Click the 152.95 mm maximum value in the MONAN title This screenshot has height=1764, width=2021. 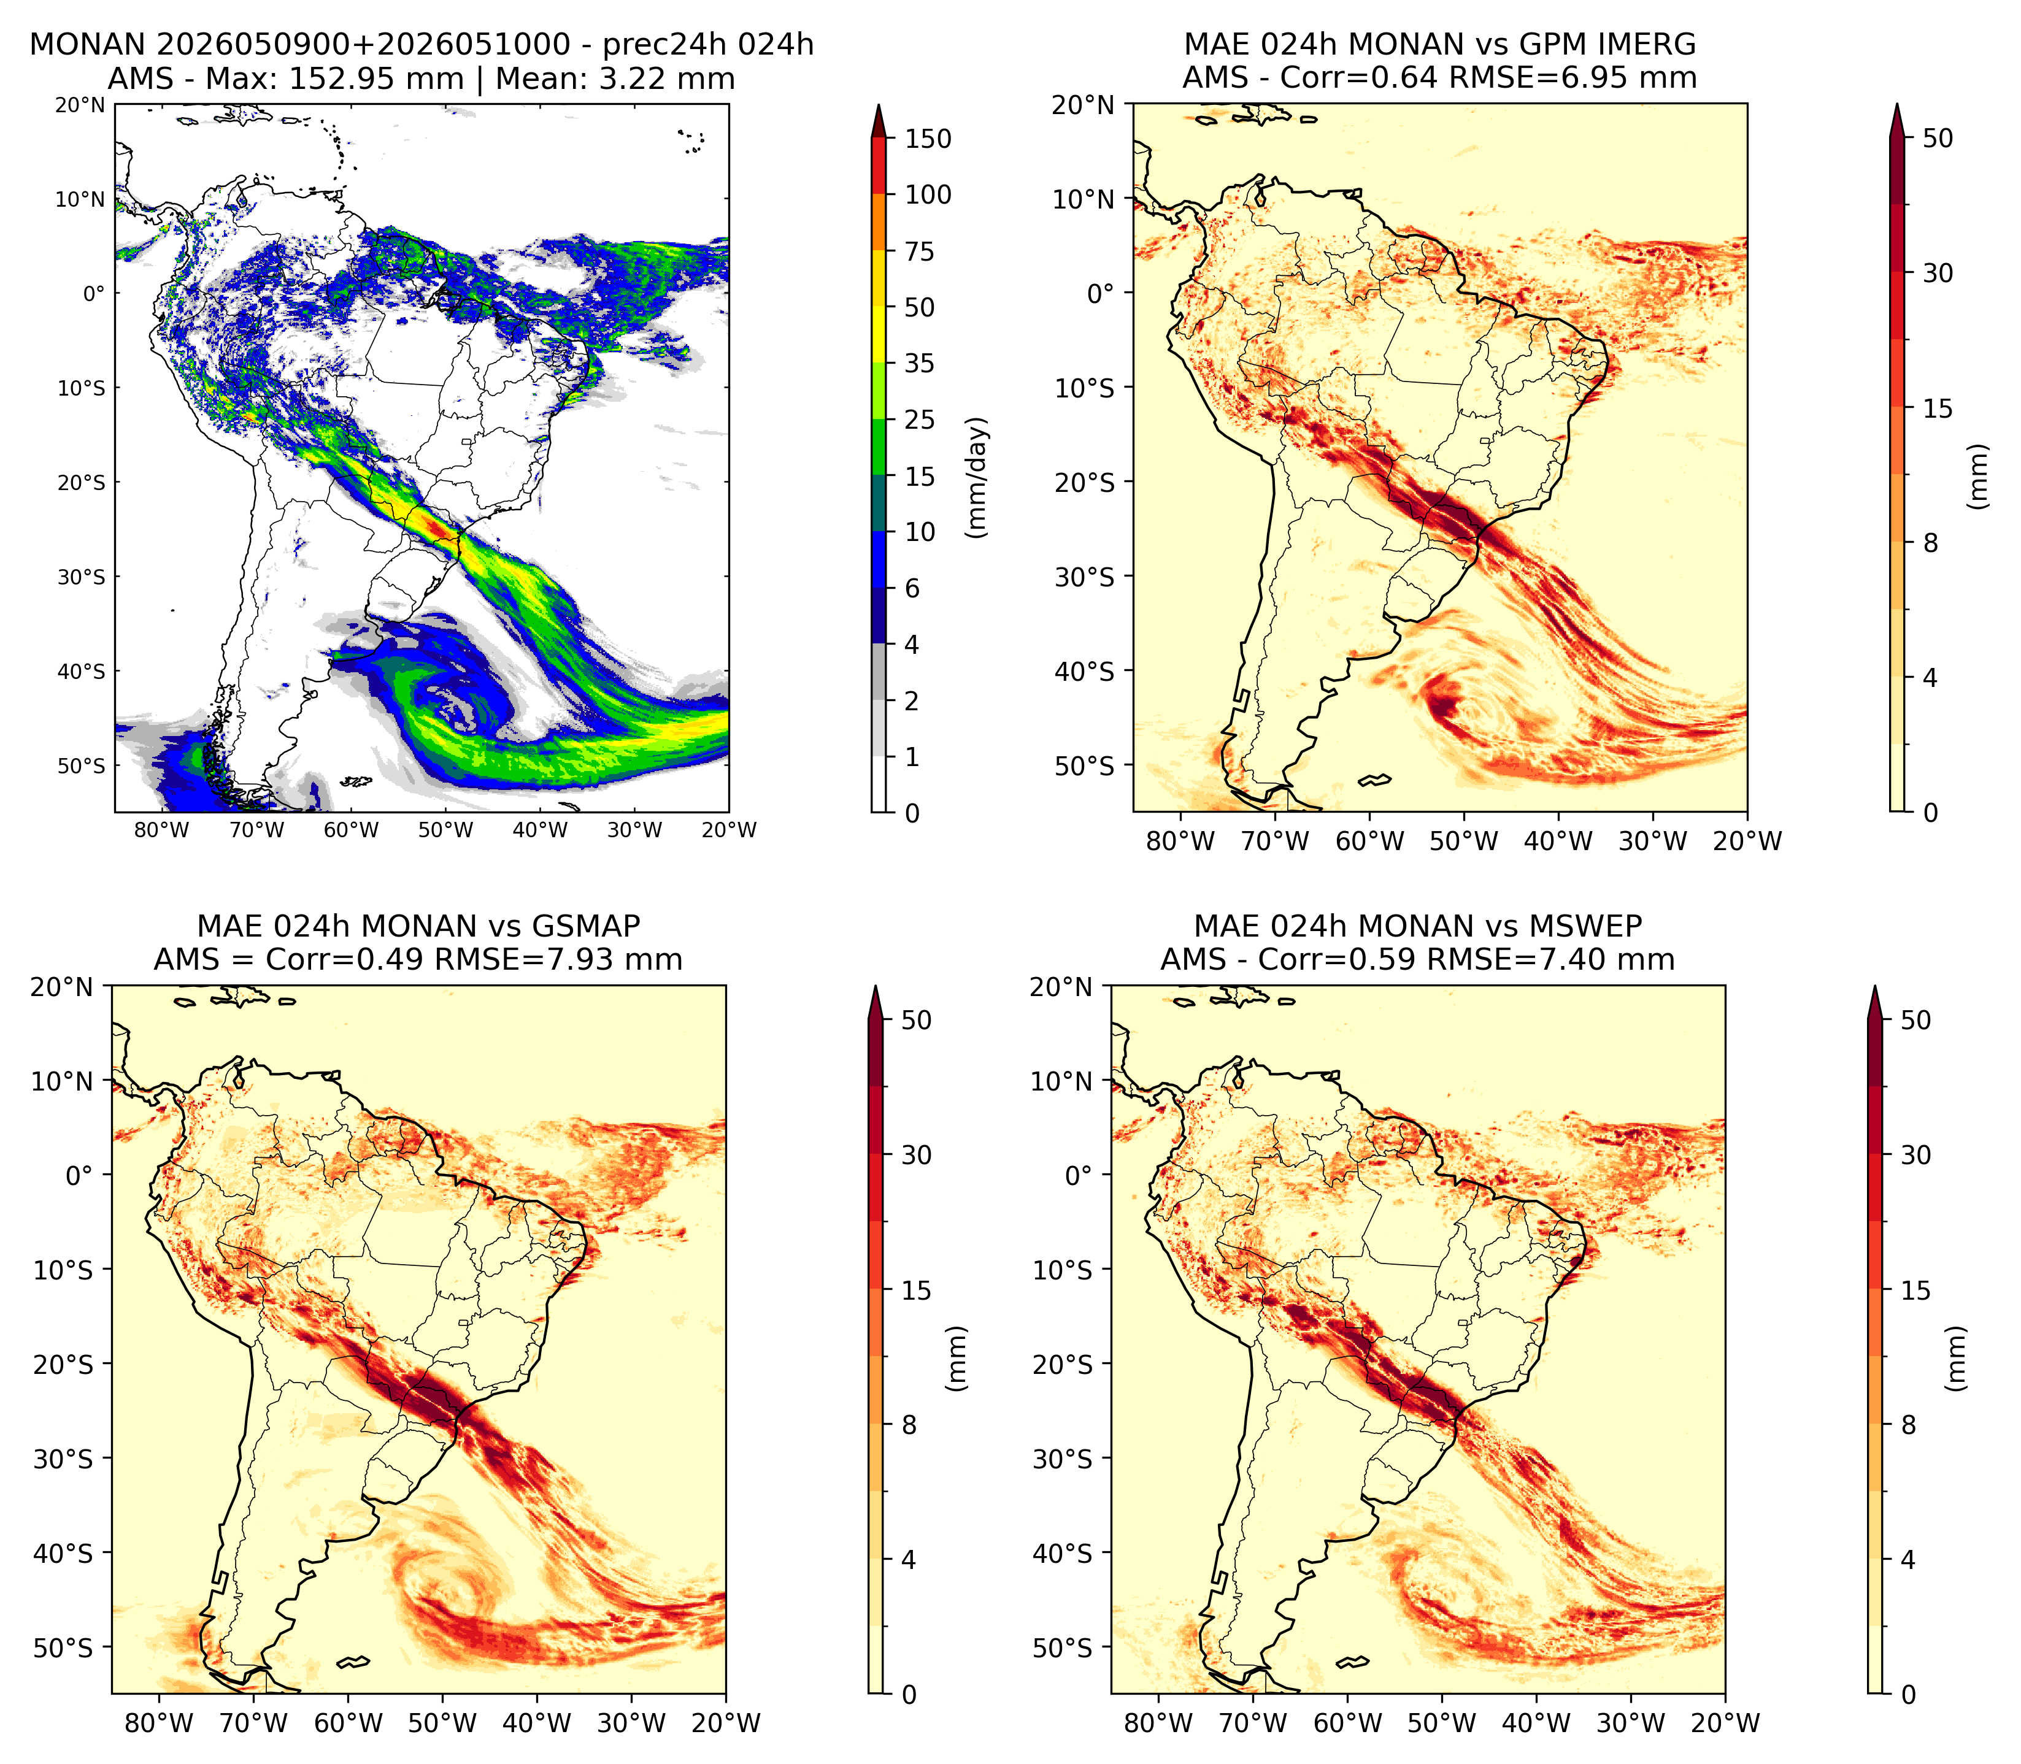[x=375, y=79]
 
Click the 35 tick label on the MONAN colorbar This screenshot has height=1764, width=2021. [x=920, y=363]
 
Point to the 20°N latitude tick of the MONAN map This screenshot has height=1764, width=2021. [x=80, y=104]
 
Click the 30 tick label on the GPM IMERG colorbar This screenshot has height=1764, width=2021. [x=1938, y=274]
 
